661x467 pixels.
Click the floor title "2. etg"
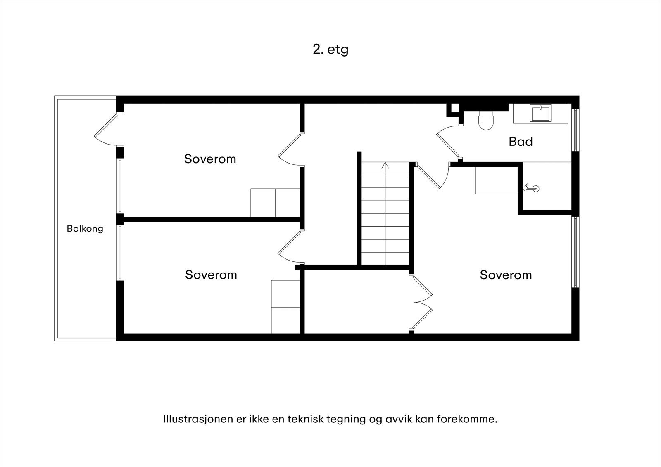click(330, 50)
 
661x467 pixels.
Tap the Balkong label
click(85, 229)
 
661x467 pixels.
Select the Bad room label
click(521, 142)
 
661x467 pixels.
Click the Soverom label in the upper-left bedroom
click(210, 159)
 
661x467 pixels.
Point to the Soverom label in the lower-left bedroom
click(211, 275)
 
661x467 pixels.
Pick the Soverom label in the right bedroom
click(506, 275)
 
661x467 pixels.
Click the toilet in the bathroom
click(486, 121)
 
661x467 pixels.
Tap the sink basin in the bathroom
click(540, 113)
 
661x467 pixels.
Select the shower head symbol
click(531, 188)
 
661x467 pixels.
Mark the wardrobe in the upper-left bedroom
click(275, 203)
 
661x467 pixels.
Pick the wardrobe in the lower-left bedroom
click(285, 307)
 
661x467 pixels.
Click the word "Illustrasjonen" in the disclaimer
click(198, 419)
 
